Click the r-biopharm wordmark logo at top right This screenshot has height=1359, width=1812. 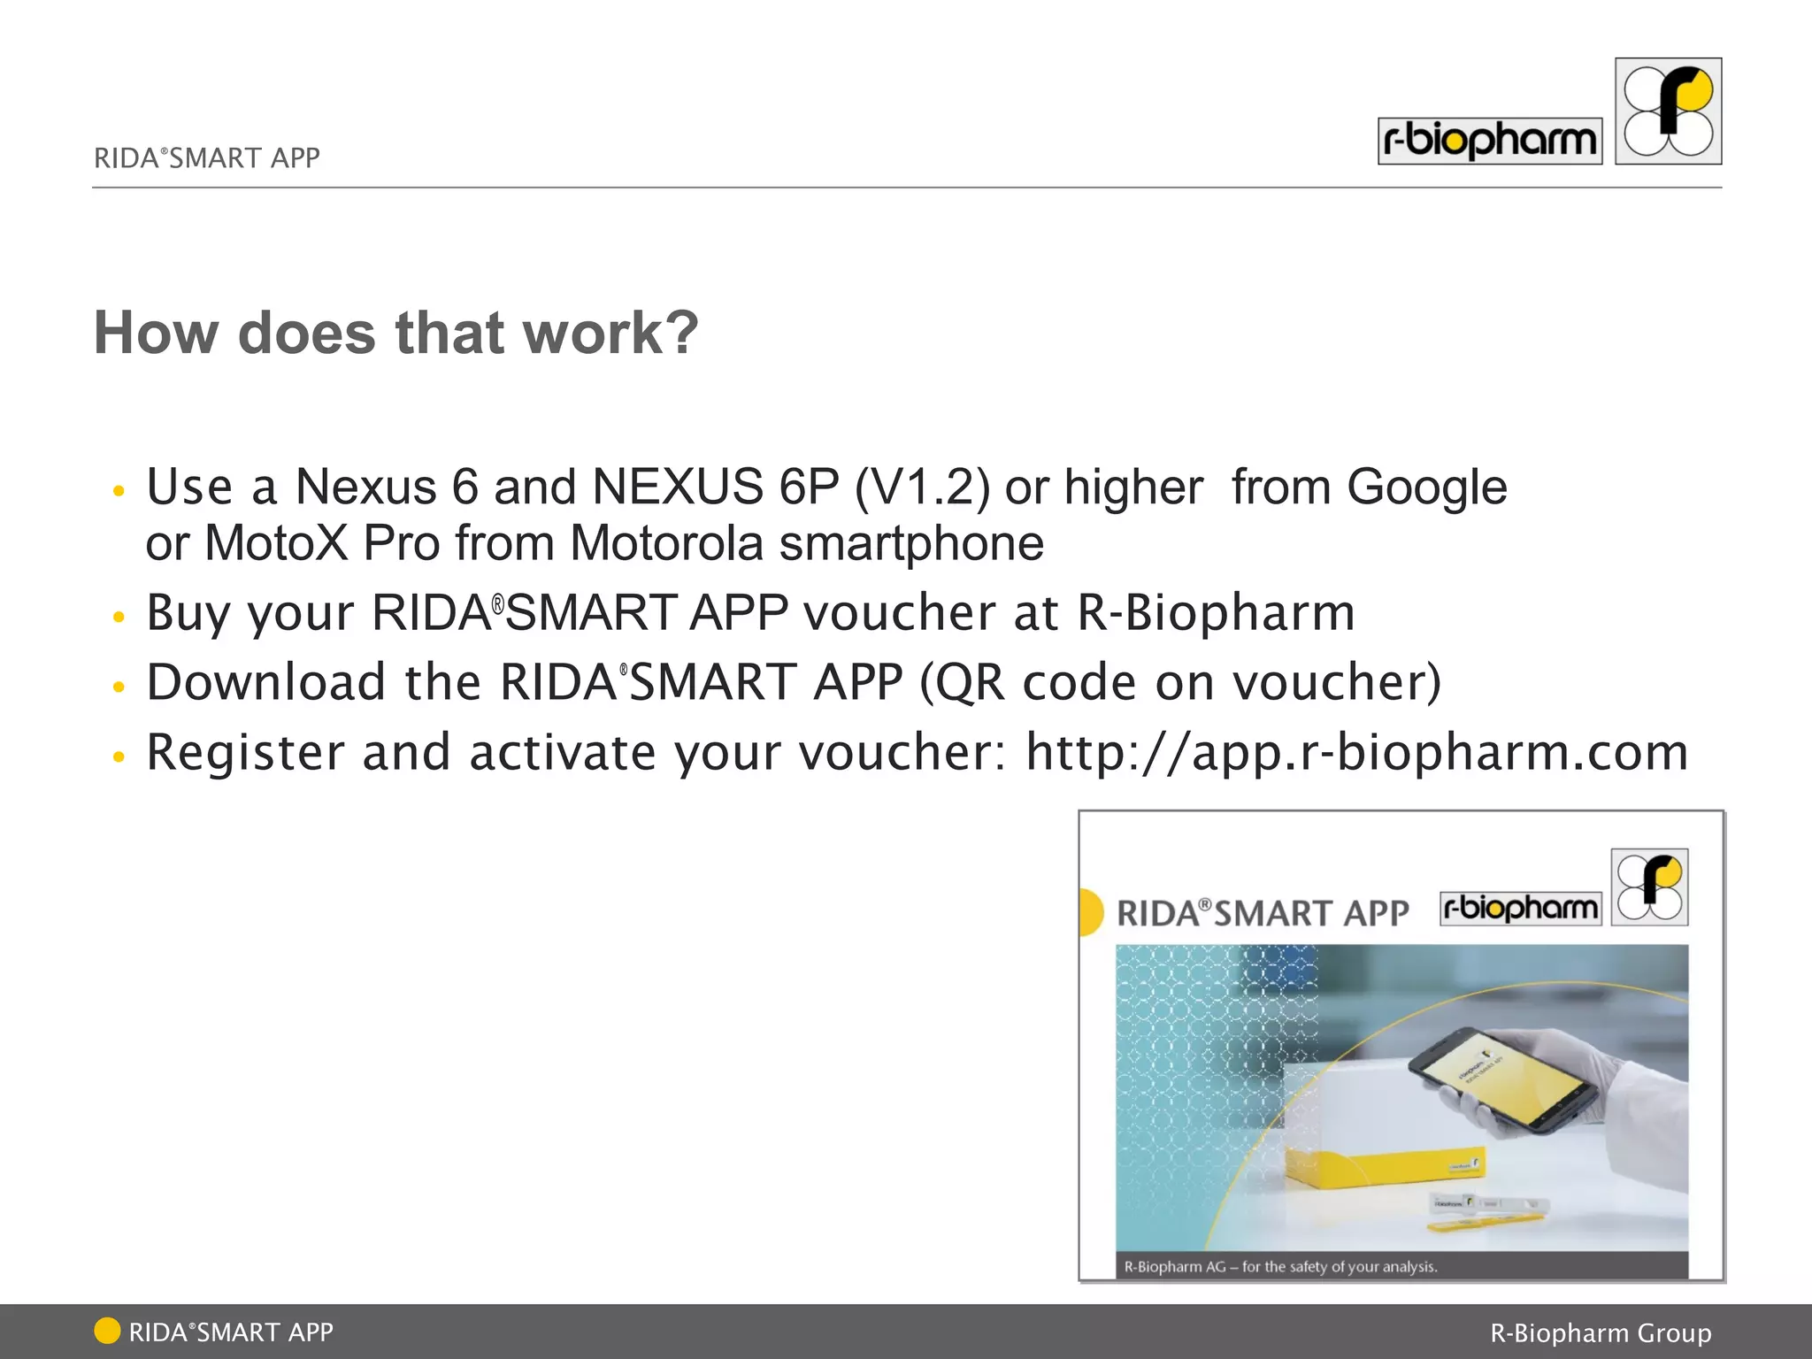[x=1489, y=141]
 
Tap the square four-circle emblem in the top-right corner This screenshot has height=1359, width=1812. [x=1668, y=111]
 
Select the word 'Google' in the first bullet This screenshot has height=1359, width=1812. [x=1426, y=488]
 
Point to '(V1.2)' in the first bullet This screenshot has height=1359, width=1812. [x=922, y=488]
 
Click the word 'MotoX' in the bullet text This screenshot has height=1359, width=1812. [x=277, y=542]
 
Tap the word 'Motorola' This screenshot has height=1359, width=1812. [x=666, y=542]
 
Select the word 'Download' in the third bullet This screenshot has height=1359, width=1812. [x=266, y=682]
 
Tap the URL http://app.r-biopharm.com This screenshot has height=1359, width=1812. [x=1356, y=753]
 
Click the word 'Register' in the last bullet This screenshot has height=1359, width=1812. [x=245, y=753]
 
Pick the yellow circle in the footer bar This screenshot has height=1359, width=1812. [x=107, y=1331]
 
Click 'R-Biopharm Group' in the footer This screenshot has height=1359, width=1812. [x=1601, y=1332]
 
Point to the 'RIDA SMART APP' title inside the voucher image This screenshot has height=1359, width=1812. [x=1263, y=913]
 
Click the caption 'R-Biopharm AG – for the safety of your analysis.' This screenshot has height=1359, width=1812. [x=1280, y=1267]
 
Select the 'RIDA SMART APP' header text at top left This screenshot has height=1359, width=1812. [x=207, y=158]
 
